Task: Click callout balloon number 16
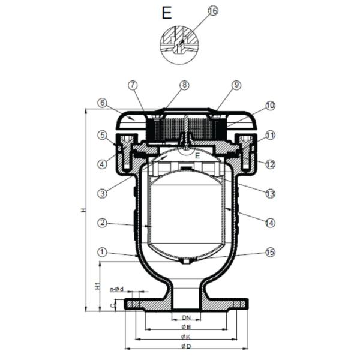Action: point(213,11)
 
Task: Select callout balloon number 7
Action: point(133,85)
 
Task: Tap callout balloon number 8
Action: point(185,85)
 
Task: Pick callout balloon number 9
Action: point(236,85)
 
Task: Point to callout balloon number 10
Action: point(270,106)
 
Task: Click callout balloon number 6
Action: point(103,103)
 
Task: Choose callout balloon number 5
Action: point(103,135)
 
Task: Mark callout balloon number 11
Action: point(270,136)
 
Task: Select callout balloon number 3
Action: point(103,193)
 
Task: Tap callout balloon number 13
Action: point(270,193)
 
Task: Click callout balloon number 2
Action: point(103,223)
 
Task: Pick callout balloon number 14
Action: point(270,223)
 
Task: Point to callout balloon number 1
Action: point(103,252)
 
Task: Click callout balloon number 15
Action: point(270,252)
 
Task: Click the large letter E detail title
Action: point(167,13)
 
